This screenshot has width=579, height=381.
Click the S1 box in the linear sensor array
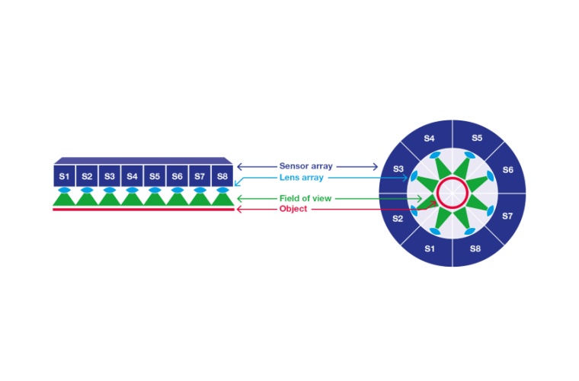65,176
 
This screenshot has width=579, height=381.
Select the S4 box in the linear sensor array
133,176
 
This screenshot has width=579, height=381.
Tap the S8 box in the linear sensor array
222,176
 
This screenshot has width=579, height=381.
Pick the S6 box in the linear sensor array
178,176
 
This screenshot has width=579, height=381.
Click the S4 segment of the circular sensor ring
429,139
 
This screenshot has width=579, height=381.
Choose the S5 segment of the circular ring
477,139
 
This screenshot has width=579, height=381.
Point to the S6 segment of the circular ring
508,170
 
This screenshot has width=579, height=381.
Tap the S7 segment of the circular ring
508,216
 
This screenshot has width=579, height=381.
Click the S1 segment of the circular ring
429,248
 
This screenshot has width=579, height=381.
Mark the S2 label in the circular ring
397,219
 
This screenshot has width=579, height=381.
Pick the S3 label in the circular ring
397,169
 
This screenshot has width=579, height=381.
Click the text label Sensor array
305,166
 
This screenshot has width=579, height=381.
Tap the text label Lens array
301,178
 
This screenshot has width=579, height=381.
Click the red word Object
293,209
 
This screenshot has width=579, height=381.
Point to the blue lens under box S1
65,190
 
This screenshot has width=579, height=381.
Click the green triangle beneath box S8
222,199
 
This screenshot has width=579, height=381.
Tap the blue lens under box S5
155,190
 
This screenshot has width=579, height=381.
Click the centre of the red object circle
453,193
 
